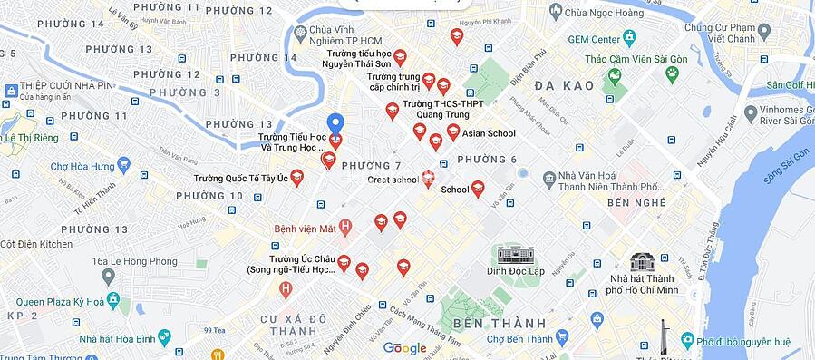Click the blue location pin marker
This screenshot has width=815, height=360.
click(335, 123)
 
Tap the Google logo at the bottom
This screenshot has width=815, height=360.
click(404, 348)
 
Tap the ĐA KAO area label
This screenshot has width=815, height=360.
click(564, 85)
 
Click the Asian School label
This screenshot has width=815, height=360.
click(489, 133)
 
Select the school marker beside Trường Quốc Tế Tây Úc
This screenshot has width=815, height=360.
click(297, 178)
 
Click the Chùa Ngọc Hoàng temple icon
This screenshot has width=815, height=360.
click(555, 12)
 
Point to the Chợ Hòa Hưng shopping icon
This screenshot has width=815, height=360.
click(123, 166)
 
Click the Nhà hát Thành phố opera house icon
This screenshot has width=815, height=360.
click(643, 261)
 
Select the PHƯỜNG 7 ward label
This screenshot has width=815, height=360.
click(371, 166)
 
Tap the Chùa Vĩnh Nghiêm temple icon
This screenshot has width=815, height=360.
click(300, 33)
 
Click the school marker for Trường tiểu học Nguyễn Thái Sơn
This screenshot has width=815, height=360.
click(400, 57)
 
